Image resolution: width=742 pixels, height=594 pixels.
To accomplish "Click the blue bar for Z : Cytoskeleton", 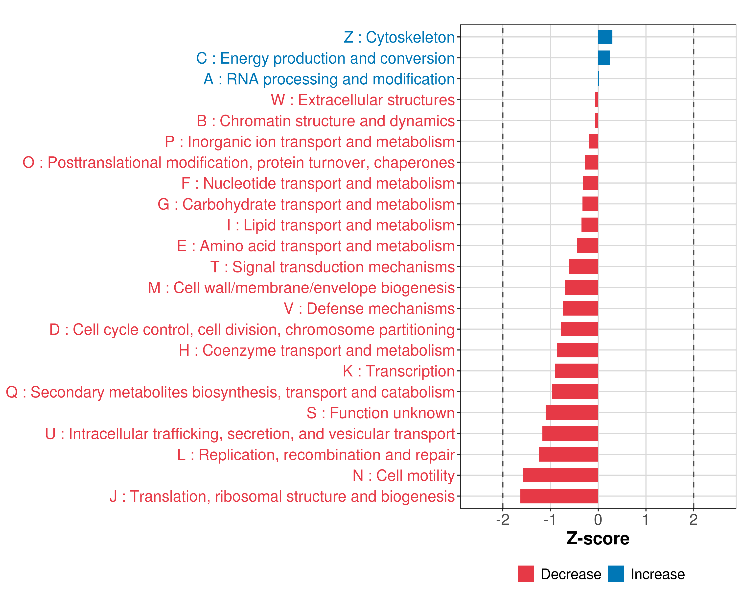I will pos(605,37).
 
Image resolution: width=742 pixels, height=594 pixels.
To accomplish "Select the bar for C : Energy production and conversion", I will pos(604,58).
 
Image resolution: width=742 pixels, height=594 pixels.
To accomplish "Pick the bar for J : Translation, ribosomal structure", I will pos(559,496).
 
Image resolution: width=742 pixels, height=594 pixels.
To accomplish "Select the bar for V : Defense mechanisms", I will pos(580,308).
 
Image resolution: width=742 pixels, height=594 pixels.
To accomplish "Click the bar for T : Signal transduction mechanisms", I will pos(583,267).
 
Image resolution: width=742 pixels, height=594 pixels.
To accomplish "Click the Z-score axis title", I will pos(598,539).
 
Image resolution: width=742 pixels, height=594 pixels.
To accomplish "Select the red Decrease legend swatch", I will pos(526,574).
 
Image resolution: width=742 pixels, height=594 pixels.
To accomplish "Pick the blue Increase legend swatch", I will pos(616,574).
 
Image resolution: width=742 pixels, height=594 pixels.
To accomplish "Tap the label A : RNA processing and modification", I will pos(329,79).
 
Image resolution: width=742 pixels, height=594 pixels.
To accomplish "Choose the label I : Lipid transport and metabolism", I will pos(341,225).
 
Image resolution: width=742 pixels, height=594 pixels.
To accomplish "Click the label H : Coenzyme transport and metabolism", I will pos(317,350).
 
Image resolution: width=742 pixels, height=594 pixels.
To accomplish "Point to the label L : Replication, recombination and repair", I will pos(316,455).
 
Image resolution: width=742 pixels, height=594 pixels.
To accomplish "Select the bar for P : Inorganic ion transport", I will pos(593,141).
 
